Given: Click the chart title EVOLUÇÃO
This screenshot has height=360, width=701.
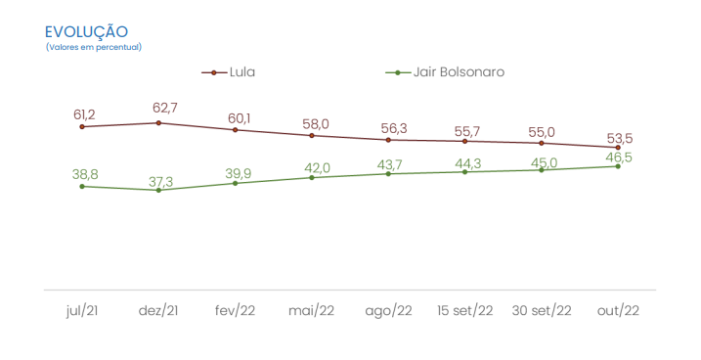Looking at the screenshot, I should click(86, 32).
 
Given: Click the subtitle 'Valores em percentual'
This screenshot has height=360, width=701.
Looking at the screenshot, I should click(93, 47).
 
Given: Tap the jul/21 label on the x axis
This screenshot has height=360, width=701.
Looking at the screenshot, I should click(82, 310).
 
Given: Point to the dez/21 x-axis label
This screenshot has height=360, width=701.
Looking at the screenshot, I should click(158, 310).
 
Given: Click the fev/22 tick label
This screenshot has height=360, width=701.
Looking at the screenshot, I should click(235, 310).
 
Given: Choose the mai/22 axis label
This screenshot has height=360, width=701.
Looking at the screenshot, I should click(311, 310).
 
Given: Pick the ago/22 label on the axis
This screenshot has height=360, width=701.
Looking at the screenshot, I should click(388, 310).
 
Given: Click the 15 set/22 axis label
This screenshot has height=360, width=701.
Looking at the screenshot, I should click(464, 310).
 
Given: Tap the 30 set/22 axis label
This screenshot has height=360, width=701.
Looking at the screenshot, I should click(542, 310).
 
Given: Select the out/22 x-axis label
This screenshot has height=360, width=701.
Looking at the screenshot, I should click(618, 310).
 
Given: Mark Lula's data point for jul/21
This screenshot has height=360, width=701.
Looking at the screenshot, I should click(82, 126).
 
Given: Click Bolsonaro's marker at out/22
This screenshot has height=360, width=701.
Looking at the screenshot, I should click(618, 166).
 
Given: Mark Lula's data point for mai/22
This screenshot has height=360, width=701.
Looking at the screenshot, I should click(312, 135).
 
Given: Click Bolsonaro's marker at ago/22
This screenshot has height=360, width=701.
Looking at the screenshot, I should click(388, 173).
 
